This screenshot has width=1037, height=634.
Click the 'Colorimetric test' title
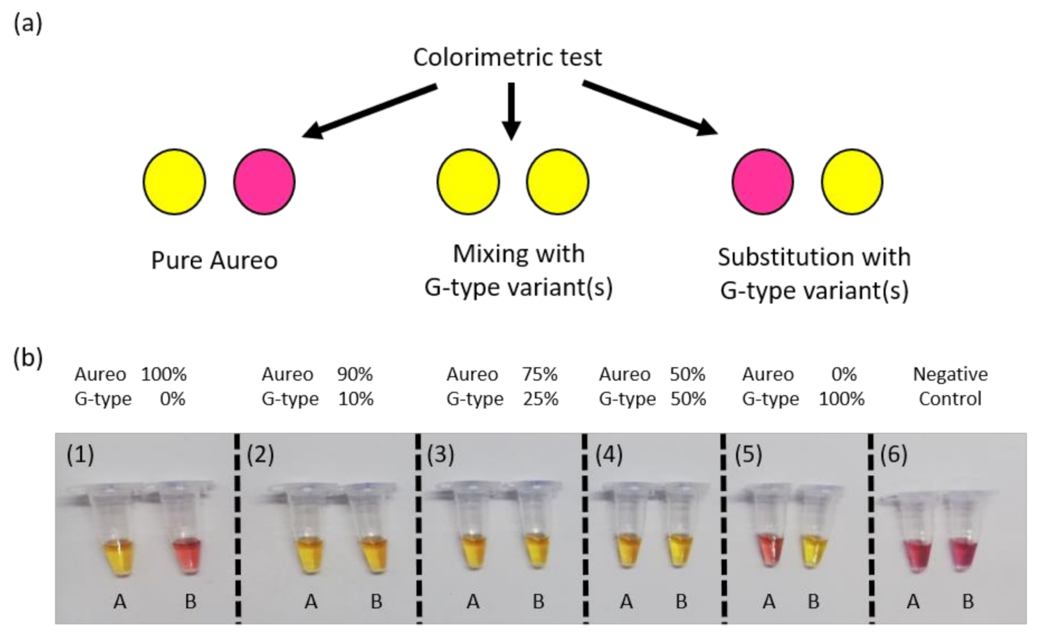coord(507,57)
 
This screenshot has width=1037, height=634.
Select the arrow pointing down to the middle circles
coord(511,111)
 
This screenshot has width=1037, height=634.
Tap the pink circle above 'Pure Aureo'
coord(264,182)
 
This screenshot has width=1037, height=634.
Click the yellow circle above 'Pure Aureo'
coord(175,182)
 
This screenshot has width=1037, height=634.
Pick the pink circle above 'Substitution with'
coord(762,182)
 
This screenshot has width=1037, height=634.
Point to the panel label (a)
coord(28,24)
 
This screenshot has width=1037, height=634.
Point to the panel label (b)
coord(28,357)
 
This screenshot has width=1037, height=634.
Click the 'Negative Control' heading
coord(950,386)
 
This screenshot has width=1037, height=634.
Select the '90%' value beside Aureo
coord(355,374)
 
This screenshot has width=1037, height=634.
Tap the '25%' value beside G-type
coord(540,399)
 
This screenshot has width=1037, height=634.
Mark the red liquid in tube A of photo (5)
coord(769,551)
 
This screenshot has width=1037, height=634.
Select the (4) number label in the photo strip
coord(609,455)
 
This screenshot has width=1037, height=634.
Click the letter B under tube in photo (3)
coord(538,602)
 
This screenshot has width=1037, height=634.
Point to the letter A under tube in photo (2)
coord(311,602)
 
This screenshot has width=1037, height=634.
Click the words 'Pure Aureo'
coord(214,260)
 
